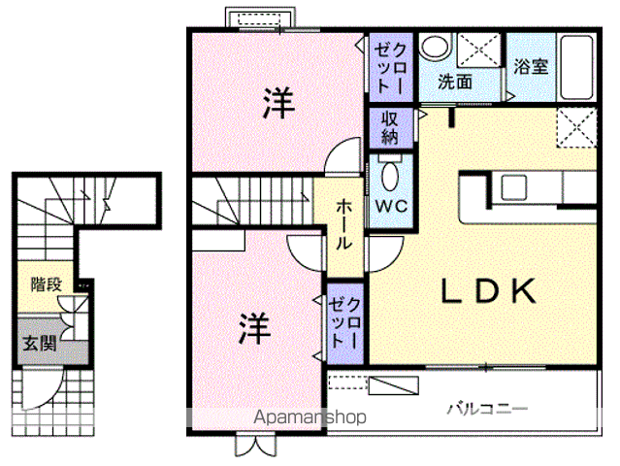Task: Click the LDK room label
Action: [x=489, y=290]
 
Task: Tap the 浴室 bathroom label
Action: [x=531, y=66]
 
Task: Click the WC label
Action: [x=391, y=206]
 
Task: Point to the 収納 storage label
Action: [x=389, y=127]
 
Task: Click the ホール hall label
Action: [x=343, y=224]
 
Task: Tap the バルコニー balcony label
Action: [x=487, y=409]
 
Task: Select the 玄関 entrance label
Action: [x=40, y=343]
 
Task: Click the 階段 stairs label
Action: [x=47, y=284]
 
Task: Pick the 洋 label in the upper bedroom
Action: [x=278, y=103]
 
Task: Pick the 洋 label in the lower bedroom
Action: [x=255, y=329]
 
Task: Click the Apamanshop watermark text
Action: [x=310, y=416]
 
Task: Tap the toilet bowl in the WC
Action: [x=390, y=176]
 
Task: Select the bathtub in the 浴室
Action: [x=576, y=68]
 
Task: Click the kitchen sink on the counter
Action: [x=514, y=187]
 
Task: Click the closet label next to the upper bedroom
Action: [x=390, y=68]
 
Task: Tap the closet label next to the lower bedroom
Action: [x=344, y=322]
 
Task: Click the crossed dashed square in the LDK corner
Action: [x=576, y=127]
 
